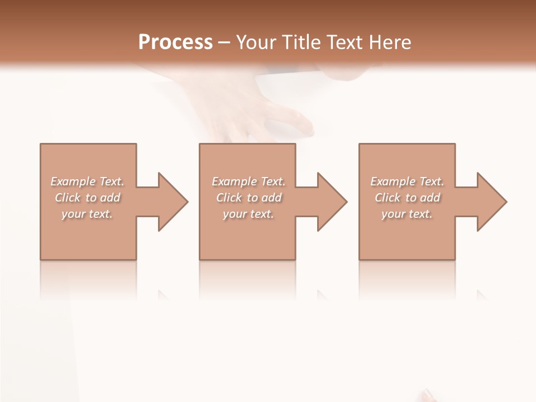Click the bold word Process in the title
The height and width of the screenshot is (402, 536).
pyautogui.click(x=175, y=42)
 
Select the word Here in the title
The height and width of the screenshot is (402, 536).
pyautogui.click(x=391, y=42)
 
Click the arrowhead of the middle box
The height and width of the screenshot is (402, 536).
pyautogui.click(x=331, y=202)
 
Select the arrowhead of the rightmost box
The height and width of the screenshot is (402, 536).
pyautogui.click(x=491, y=202)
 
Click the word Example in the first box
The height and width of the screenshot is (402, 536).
pyautogui.click(x=73, y=181)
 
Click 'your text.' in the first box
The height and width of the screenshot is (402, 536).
pyautogui.click(x=88, y=214)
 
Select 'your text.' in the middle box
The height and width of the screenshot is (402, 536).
pyautogui.click(x=248, y=214)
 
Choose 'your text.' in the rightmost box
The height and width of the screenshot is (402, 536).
pyautogui.click(x=407, y=214)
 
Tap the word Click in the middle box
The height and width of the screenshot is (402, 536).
pyautogui.click(x=229, y=198)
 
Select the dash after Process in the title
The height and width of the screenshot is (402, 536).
pyautogui.click(x=224, y=42)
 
